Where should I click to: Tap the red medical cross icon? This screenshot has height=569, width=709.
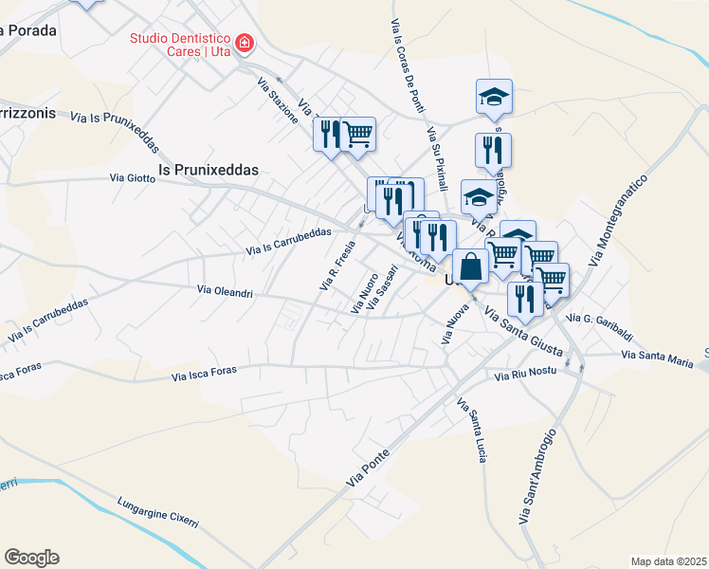[245, 44]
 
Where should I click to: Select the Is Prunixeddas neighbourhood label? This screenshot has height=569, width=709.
[208, 169]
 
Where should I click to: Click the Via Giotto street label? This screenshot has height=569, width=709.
[132, 176]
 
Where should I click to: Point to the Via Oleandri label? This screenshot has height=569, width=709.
[225, 292]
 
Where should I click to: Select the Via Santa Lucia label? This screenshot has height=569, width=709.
[472, 431]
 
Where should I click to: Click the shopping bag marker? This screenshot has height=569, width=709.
[470, 266]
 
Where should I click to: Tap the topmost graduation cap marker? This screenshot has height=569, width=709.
[494, 97]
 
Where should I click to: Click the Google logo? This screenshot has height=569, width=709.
[31, 558]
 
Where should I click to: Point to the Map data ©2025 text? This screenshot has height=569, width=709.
[668, 561]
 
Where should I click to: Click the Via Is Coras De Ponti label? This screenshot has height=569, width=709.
[408, 66]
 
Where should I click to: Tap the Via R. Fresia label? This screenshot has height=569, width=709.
[338, 265]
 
